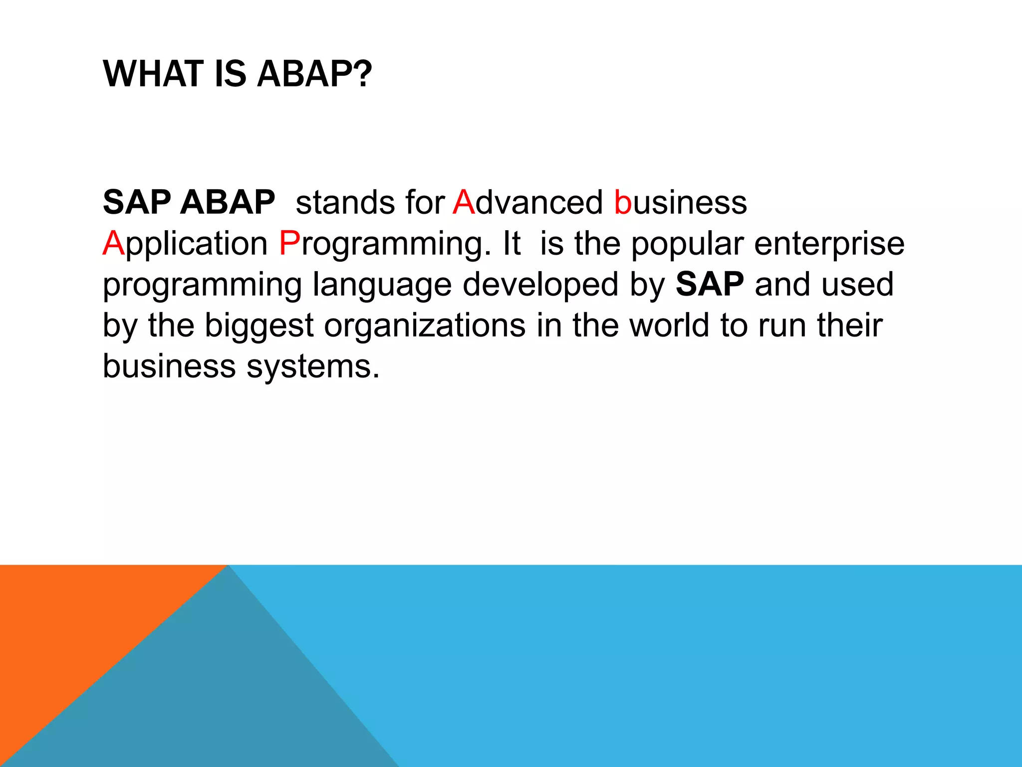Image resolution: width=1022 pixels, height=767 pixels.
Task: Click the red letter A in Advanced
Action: click(x=464, y=202)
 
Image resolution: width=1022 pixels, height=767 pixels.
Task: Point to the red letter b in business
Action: click(x=623, y=202)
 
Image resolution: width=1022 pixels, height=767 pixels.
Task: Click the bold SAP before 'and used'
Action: click(x=710, y=284)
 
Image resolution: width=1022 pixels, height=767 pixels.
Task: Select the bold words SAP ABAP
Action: click(x=189, y=202)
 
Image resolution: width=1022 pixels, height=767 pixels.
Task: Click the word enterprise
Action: click(x=829, y=244)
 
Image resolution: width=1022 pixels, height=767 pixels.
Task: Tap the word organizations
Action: click(x=425, y=326)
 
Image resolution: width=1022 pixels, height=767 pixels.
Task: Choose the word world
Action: click(x=669, y=325)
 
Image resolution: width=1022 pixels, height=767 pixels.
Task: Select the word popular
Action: click(x=687, y=244)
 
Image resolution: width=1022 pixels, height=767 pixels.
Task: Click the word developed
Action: click(x=540, y=285)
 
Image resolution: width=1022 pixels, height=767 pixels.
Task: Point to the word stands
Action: click(x=345, y=202)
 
